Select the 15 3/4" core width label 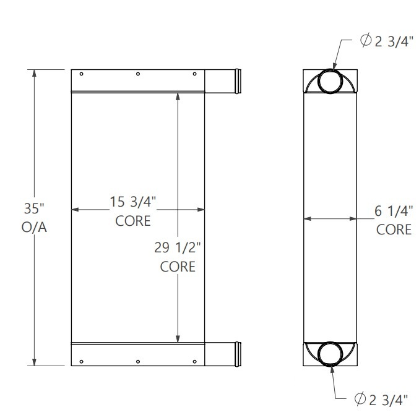click(x=132, y=202)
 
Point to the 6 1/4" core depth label click(x=394, y=210)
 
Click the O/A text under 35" click(x=34, y=228)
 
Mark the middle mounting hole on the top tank click(x=138, y=75)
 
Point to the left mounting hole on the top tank click(x=82, y=75)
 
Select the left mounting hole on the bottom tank click(x=82, y=361)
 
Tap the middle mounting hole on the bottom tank click(x=138, y=361)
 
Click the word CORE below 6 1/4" click(x=394, y=229)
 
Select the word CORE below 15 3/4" click(x=133, y=221)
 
